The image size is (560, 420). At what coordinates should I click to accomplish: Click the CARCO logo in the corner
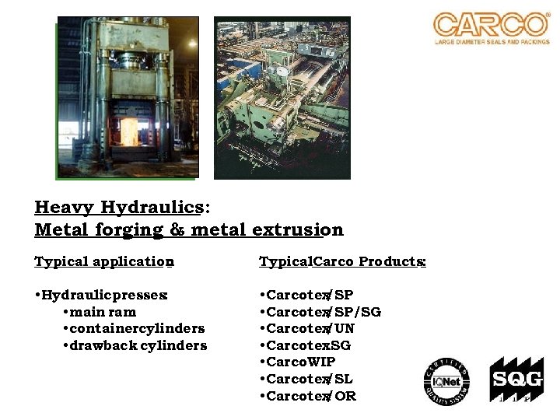(x=491, y=27)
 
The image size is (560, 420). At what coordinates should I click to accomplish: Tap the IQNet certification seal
(x=446, y=380)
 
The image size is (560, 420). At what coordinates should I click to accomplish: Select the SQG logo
(x=511, y=381)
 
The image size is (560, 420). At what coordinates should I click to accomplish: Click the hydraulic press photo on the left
(x=128, y=97)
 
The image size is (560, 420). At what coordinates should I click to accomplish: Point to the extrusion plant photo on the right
(x=282, y=98)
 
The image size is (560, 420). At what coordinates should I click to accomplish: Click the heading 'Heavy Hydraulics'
(x=119, y=208)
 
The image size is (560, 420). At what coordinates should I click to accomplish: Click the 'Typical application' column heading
(x=103, y=261)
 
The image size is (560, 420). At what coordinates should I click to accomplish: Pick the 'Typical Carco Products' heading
(x=341, y=261)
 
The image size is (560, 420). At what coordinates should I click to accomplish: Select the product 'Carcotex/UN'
(x=310, y=329)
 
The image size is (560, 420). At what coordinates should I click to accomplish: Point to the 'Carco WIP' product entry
(x=300, y=362)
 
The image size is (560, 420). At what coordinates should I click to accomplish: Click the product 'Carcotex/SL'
(x=310, y=379)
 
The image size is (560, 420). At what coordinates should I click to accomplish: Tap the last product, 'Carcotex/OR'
(x=310, y=396)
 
